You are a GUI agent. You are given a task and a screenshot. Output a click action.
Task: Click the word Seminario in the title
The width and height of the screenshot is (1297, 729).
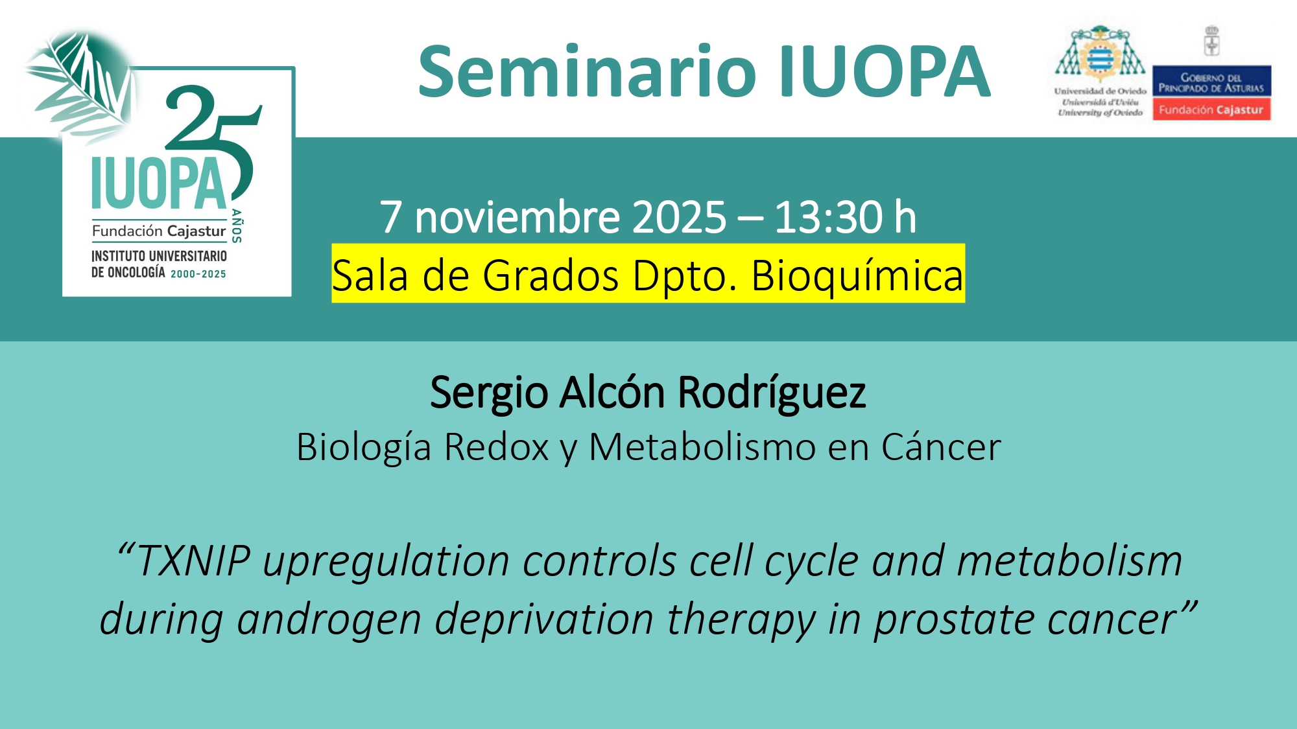tap(588, 71)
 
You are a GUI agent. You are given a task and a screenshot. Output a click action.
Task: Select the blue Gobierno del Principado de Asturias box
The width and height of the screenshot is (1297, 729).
tap(1211, 82)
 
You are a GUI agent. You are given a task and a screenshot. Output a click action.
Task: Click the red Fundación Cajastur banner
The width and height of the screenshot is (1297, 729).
tap(1211, 110)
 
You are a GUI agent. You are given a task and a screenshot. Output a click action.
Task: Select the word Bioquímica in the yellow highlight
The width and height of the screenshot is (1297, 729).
tap(857, 275)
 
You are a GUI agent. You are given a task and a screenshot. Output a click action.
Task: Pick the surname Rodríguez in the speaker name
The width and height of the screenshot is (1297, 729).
tap(772, 393)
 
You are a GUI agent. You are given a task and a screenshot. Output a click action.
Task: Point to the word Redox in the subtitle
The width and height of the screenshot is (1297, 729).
tap(497, 447)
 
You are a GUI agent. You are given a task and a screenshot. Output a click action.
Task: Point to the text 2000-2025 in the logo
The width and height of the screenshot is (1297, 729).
tap(198, 274)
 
